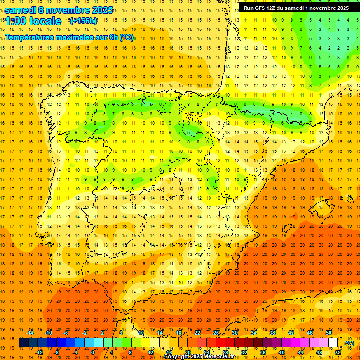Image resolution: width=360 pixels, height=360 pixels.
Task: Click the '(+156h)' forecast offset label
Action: tap(83, 21)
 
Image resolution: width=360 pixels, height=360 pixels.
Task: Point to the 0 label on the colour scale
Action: tap(93, 352)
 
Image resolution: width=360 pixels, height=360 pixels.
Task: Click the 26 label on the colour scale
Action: tap(216, 333)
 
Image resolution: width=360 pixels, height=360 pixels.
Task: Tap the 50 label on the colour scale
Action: tap(329, 333)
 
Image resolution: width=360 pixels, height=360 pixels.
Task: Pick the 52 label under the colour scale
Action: tap(338, 352)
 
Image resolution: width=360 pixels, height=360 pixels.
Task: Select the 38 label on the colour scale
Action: tap(272, 333)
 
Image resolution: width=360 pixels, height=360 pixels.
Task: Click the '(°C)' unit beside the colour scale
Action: tap(349, 343)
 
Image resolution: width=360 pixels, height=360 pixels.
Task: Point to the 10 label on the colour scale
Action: tap(141, 333)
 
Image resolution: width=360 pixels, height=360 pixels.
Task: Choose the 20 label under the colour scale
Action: tap(188, 352)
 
